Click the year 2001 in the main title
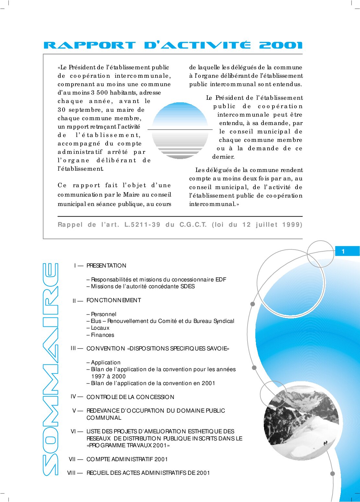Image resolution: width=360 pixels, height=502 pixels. [x=281, y=45]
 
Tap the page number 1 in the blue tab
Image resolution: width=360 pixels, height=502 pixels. [x=343, y=251]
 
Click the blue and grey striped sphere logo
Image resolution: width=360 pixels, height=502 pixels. [x=180, y=130]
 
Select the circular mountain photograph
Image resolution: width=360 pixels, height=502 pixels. [x=301, y=420]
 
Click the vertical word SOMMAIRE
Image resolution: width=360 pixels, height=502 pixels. [x=51, y=369]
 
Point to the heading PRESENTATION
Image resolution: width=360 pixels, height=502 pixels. [x=106, y=266]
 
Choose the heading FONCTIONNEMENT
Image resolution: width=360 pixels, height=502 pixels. [x=113, y=300]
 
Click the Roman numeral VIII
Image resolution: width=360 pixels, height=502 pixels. [x=71, y=473]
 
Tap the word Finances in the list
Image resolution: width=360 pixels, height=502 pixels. [x=102, y=335]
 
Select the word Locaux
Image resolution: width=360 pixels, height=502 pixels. [x=100, y=328]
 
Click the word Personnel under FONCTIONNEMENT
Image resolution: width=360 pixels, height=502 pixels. [x=103, y=314]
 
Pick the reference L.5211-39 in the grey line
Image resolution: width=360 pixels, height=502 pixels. [x=142, y=224]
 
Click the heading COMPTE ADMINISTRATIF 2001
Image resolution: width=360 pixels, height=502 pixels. [x=127, y=459]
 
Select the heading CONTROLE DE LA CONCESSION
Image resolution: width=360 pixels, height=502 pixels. [x=130, y=397]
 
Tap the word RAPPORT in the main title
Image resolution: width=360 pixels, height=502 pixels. [x=89, y=45]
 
